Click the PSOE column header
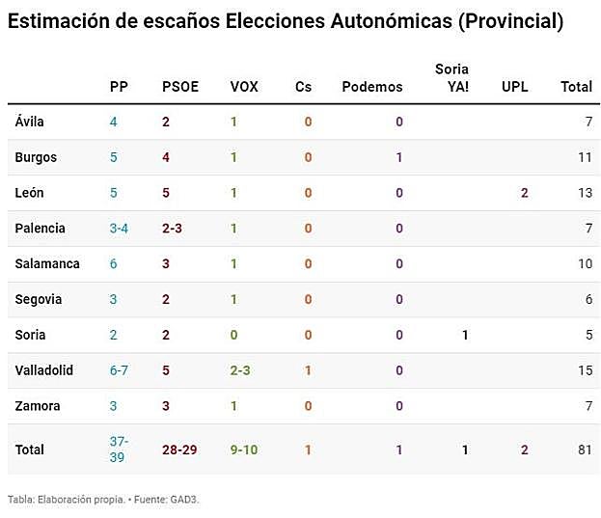(x=179, y=87)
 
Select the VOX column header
(x=244, y=87)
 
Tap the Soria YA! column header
(x=451, y=78)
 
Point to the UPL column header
(x=515, y=87)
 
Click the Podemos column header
(x=372, y=87)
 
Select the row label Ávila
(x=30, y=122)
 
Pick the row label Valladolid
(x=44, y=370)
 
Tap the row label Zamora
(x=38, y=406)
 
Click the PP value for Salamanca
(x=114, y=264)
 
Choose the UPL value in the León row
(x=524, y=193)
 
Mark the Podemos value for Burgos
(x=399, y=157)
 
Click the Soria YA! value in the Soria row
(x=464, y=335)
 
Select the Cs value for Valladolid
(x=308, y=370)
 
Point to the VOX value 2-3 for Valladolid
(x=244, y=370)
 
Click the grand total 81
(x=584, y=450)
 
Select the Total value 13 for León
(x=585, y=193)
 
